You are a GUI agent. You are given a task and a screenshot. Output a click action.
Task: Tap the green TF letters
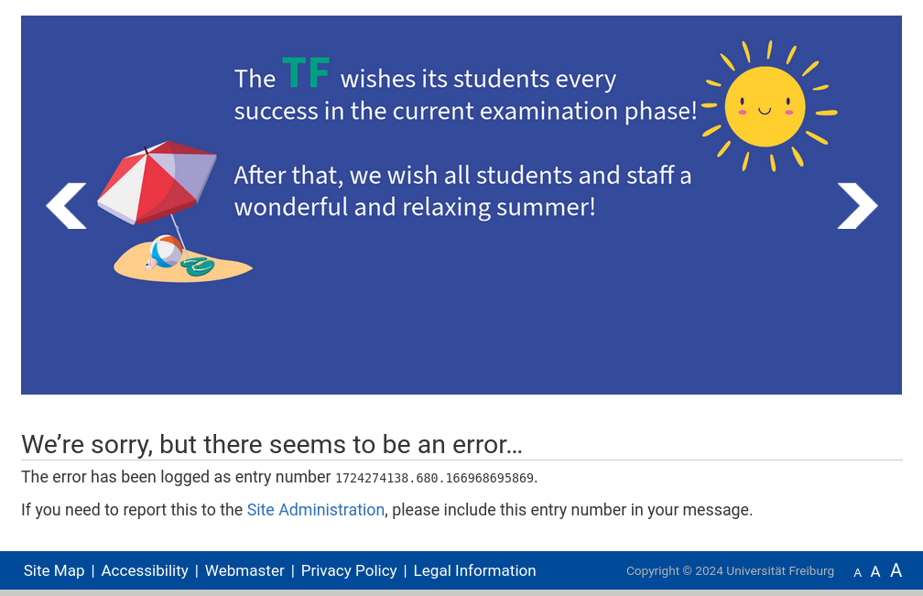306,73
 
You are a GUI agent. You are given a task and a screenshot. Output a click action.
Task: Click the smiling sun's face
765,106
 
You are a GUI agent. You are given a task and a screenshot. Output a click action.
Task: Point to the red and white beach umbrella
156,182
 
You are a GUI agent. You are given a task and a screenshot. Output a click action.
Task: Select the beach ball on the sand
166,251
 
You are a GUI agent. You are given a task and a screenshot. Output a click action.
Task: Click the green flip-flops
198,266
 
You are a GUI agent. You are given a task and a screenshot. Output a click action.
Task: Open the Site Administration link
316,510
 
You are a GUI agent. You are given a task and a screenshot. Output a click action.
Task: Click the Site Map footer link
54,570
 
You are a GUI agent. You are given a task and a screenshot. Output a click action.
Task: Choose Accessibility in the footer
145,570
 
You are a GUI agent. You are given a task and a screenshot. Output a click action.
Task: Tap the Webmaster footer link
244,570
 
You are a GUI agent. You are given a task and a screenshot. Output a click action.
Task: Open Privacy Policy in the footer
349,570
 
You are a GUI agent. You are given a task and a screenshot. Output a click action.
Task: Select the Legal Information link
475,570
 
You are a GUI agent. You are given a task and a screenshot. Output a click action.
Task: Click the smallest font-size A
858,572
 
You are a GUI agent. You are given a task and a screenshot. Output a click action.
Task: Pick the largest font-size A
896,570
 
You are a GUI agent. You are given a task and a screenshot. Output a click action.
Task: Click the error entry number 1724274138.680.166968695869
434,478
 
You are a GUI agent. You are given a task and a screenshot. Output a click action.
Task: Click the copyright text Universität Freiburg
780,570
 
